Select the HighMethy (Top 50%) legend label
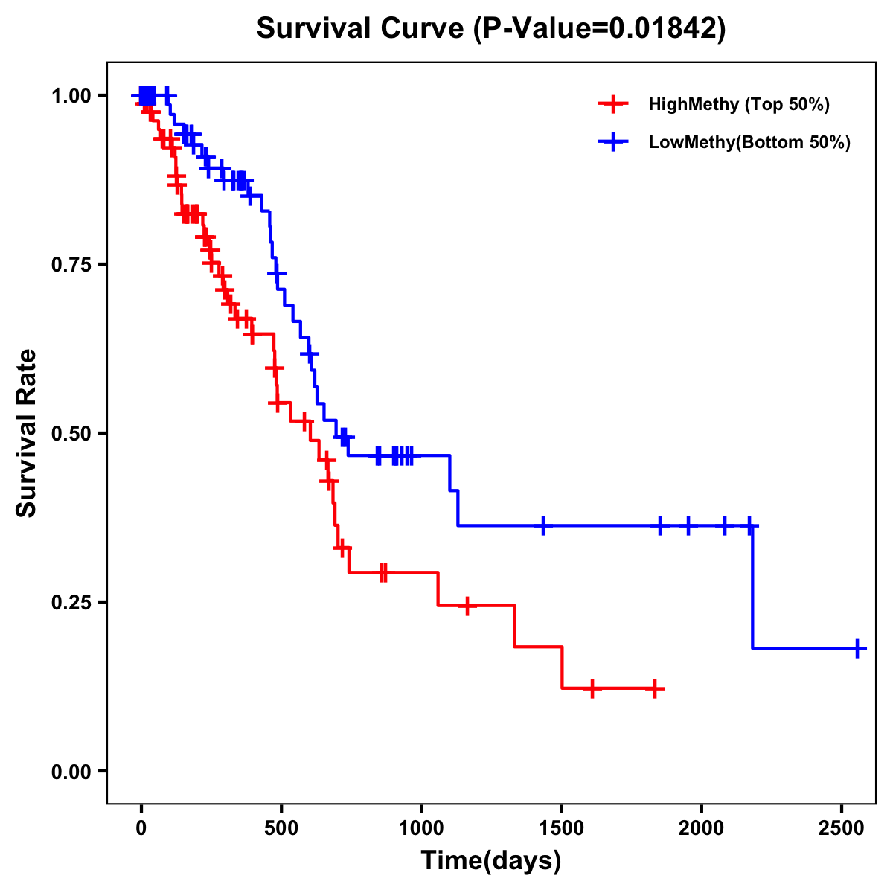(x=739, y=104)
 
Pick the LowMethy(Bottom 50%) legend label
(x=749, y=143)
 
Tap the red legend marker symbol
(x=612, y=104)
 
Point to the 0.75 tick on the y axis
(x=71, y=264)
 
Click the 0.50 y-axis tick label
(x=71, y=433)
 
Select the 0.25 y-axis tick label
(x=71, y=602)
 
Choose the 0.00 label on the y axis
(x=71, y=771)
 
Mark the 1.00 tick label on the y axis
(x=71, y=95)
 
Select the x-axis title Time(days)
(x=491, y=861)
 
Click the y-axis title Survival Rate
(x=27, y=433)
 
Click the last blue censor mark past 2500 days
(x=857, y=648)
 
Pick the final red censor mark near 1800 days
(x=654, y=689)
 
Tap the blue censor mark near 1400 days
(x=543, y=525)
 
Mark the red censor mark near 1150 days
(x=467, y=606)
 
